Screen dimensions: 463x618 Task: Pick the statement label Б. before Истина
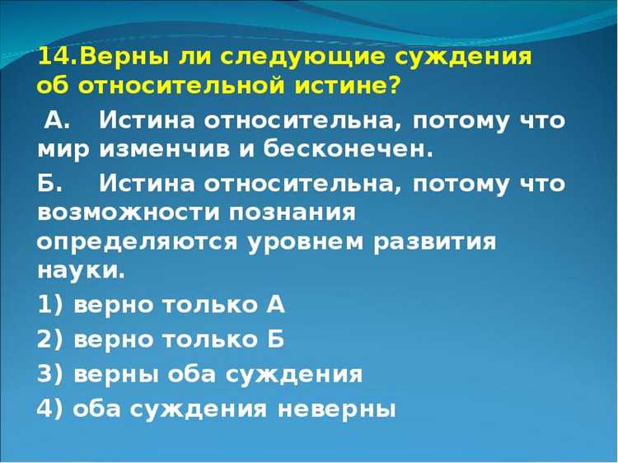[x=50, y=182]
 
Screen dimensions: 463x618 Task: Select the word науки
[x=81, y=271]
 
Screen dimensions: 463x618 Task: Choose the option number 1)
[x=50, y=305]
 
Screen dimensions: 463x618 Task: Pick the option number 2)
[x=50, y=339]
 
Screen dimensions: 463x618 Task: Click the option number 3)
[x=50, y=374]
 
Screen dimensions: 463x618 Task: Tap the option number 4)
[x=50, y=409]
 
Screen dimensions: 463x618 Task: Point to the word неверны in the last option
[x=335, y=409]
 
